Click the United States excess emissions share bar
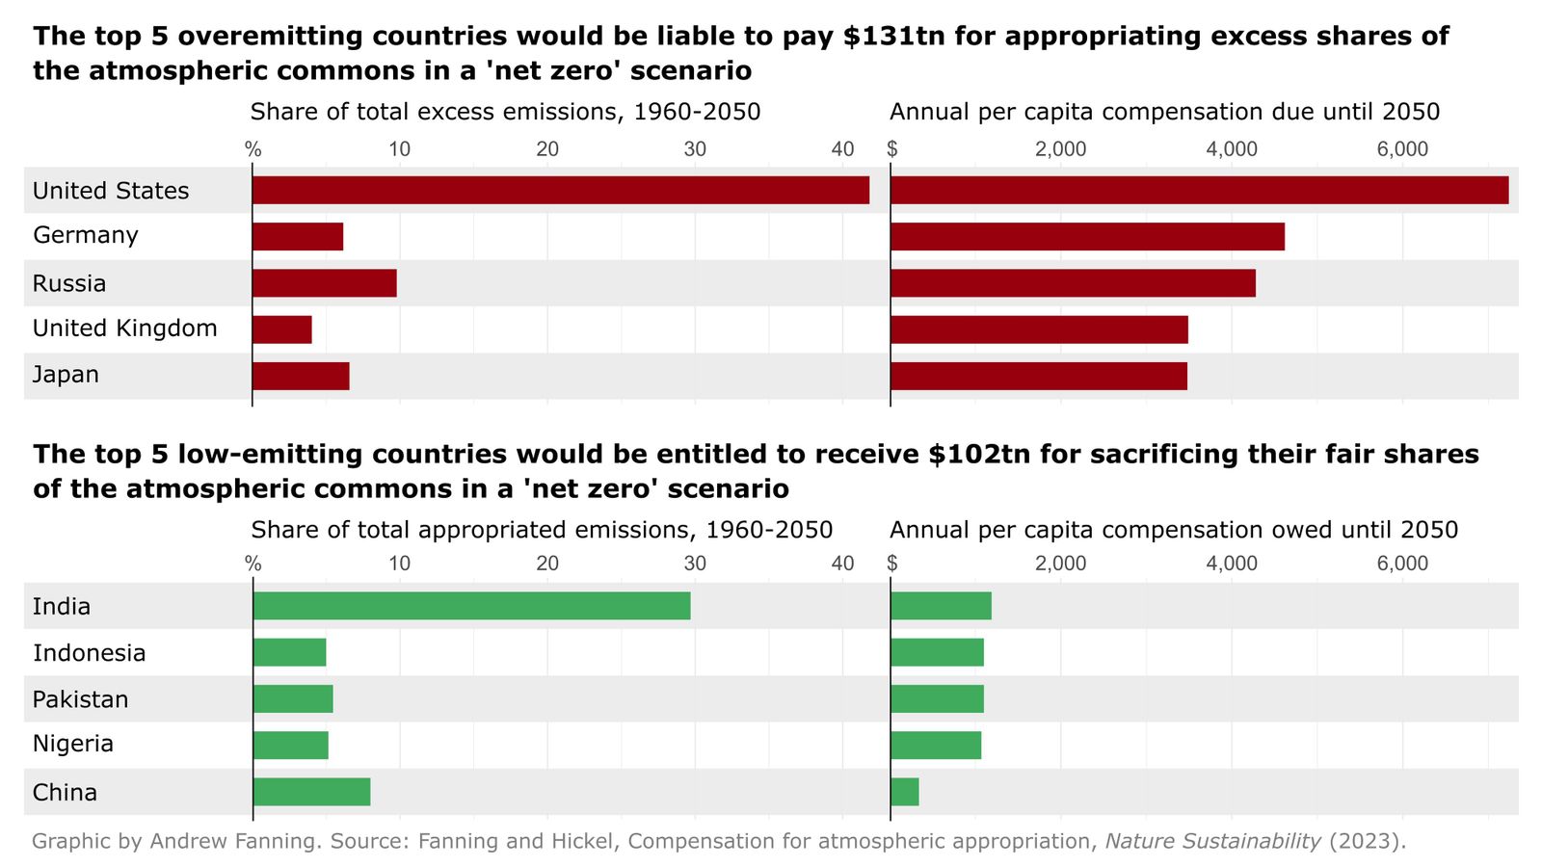pos(560,190)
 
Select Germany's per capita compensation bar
pos(1087,236)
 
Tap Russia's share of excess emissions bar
pos(324,283)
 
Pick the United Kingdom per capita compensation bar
pos(1039,329)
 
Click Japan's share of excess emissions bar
pos(301,376)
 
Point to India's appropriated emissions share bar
pos(471,606)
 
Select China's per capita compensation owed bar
pos(904,792)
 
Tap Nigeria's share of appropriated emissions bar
pos(290,746)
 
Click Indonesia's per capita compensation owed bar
pos(937,652)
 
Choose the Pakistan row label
pos(80,699)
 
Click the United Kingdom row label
pos(124,328)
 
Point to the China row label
pos(65,793)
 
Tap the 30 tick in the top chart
pos(695,149)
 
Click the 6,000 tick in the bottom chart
pos(1402,564)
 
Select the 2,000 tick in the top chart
pos(1060,149)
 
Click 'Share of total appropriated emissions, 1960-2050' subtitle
pos(542,530)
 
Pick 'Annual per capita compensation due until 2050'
pos(1164,112)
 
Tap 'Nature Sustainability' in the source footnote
pos(1212,841)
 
